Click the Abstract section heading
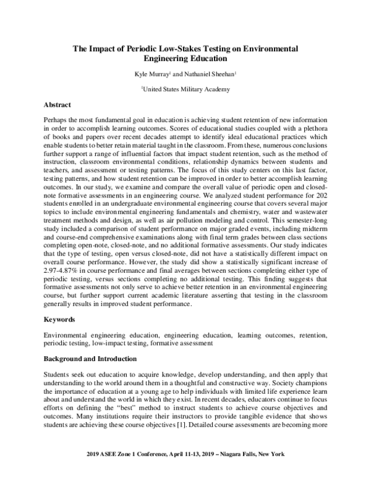[58, 104]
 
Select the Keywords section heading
[60, 320]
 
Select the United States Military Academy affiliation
[186, 89]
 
